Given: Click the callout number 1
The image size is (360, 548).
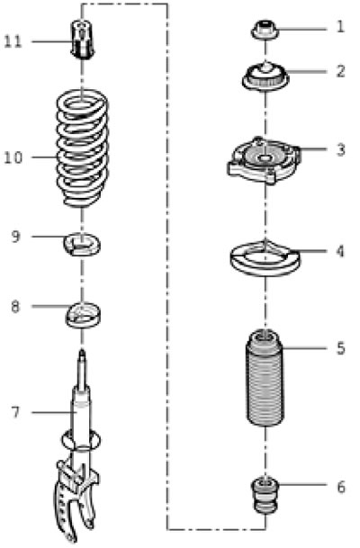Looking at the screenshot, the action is click(339, 27).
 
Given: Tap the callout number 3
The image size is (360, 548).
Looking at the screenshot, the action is click(340, 150).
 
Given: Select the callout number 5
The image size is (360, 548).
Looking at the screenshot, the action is click(340, 348).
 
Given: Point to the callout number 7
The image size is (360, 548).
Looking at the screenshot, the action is click(15, 413).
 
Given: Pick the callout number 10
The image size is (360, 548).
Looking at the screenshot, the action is click(13, 157).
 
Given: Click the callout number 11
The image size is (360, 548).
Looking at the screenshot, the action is click(13, 42).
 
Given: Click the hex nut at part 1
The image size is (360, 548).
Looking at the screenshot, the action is click(265, 30).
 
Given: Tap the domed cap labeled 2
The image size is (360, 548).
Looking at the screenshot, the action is click(265, 76).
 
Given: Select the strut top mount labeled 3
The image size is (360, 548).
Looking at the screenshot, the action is click(264, 159).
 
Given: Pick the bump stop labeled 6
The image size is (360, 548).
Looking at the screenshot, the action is click(265, 495).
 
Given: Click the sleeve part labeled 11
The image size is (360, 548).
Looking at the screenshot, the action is click(83, 40).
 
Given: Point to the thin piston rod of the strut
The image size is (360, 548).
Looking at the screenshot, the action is click(82, 371).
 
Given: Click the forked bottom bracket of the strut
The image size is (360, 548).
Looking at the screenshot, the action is click(76, 499).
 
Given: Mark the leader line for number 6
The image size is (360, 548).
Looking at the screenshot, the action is click(302, 484).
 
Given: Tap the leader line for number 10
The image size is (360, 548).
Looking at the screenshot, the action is click(44, 157).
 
